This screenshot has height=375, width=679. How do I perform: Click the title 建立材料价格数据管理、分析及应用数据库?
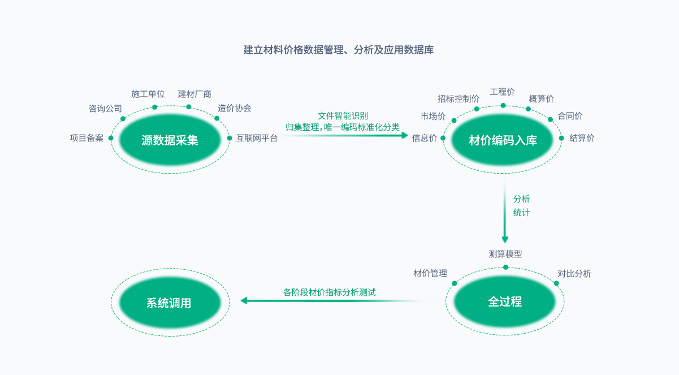[x=339, y=50]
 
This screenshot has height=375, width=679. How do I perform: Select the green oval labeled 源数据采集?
[x=170, y=140]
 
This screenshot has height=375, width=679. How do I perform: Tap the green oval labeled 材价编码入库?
[x=503, y=140]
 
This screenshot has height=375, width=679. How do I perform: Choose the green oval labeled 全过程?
[x=505, y=301]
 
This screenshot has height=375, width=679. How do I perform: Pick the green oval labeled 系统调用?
[x=169, y=303]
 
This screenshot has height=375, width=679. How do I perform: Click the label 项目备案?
[x=87, y=138]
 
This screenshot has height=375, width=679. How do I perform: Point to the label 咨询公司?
[x=105, y=108]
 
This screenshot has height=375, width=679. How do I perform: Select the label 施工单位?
[x=148, y=93]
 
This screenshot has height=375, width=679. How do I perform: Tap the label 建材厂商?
[x=194, y=93]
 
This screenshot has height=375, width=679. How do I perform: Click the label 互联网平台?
[x=257, y=138]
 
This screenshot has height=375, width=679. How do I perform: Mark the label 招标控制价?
[x=459, y=98]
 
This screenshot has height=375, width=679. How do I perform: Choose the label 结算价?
[x=582, y=138]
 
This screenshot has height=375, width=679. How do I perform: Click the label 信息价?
[x=424, y=138]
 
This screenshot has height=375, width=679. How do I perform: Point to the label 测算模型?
[x=505, y=254]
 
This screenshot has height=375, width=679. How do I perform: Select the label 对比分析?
[x=574, y=274]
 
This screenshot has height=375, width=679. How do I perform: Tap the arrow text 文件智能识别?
[x=343, y=115]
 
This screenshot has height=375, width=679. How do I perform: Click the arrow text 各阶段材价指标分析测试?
[x=330, y=292]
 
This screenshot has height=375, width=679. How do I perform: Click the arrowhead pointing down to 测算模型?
[x=505, y=239]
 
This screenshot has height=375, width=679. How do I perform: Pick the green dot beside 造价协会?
[x=217, y=118]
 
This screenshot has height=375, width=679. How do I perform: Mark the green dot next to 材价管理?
[x=454, y=282]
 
